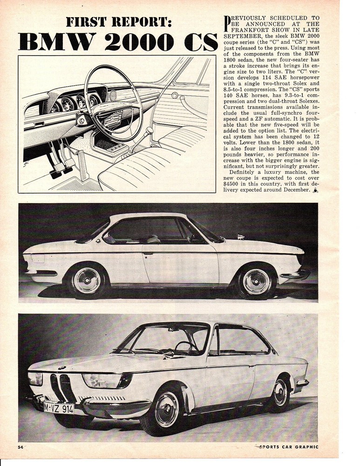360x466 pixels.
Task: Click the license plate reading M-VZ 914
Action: coord(59,408)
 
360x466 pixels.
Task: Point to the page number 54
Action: coord(20,447)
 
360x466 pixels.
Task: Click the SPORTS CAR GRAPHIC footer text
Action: coord(287,447)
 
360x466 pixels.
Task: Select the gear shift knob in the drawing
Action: coord(149,130)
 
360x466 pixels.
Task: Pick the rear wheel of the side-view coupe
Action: coord(87,281)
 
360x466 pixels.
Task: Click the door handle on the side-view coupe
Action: coord(148,253)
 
